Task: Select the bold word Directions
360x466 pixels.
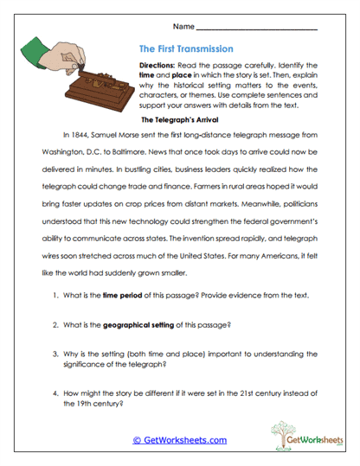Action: tap(159, 65)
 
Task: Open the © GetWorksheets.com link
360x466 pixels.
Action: tap(179, 440)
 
